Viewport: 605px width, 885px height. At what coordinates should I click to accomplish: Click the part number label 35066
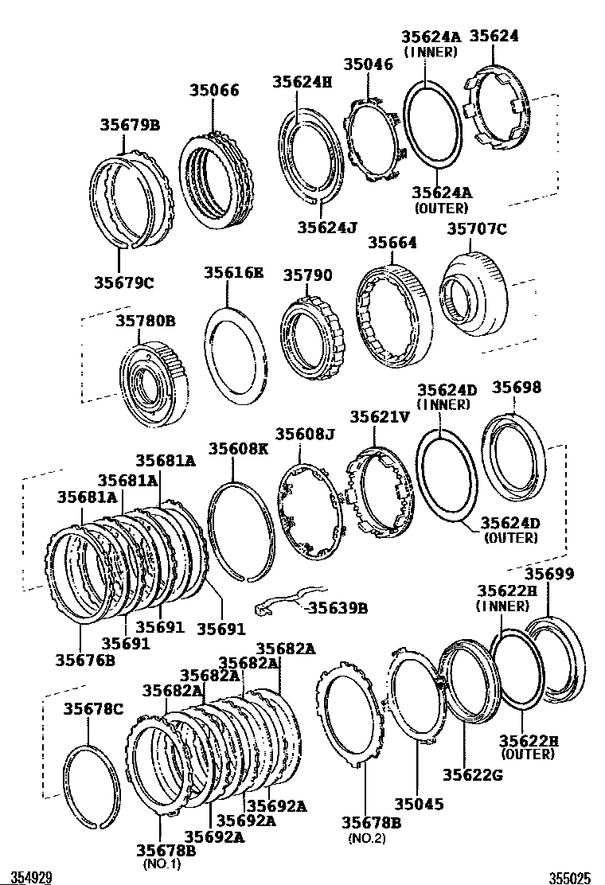(214, 91)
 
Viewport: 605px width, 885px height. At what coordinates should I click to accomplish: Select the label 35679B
(130, 125)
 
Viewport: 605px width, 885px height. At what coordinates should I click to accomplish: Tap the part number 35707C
(476, 231)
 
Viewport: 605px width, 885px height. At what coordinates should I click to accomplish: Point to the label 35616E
(232, 272)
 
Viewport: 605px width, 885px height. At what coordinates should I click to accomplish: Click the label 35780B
(146, 322)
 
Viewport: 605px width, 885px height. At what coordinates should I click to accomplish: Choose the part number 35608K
(239, 449)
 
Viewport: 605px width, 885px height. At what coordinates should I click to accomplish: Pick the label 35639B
(338, 608)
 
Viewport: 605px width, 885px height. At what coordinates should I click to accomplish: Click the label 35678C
(93, 708)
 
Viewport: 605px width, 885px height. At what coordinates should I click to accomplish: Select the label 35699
(548, 575)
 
